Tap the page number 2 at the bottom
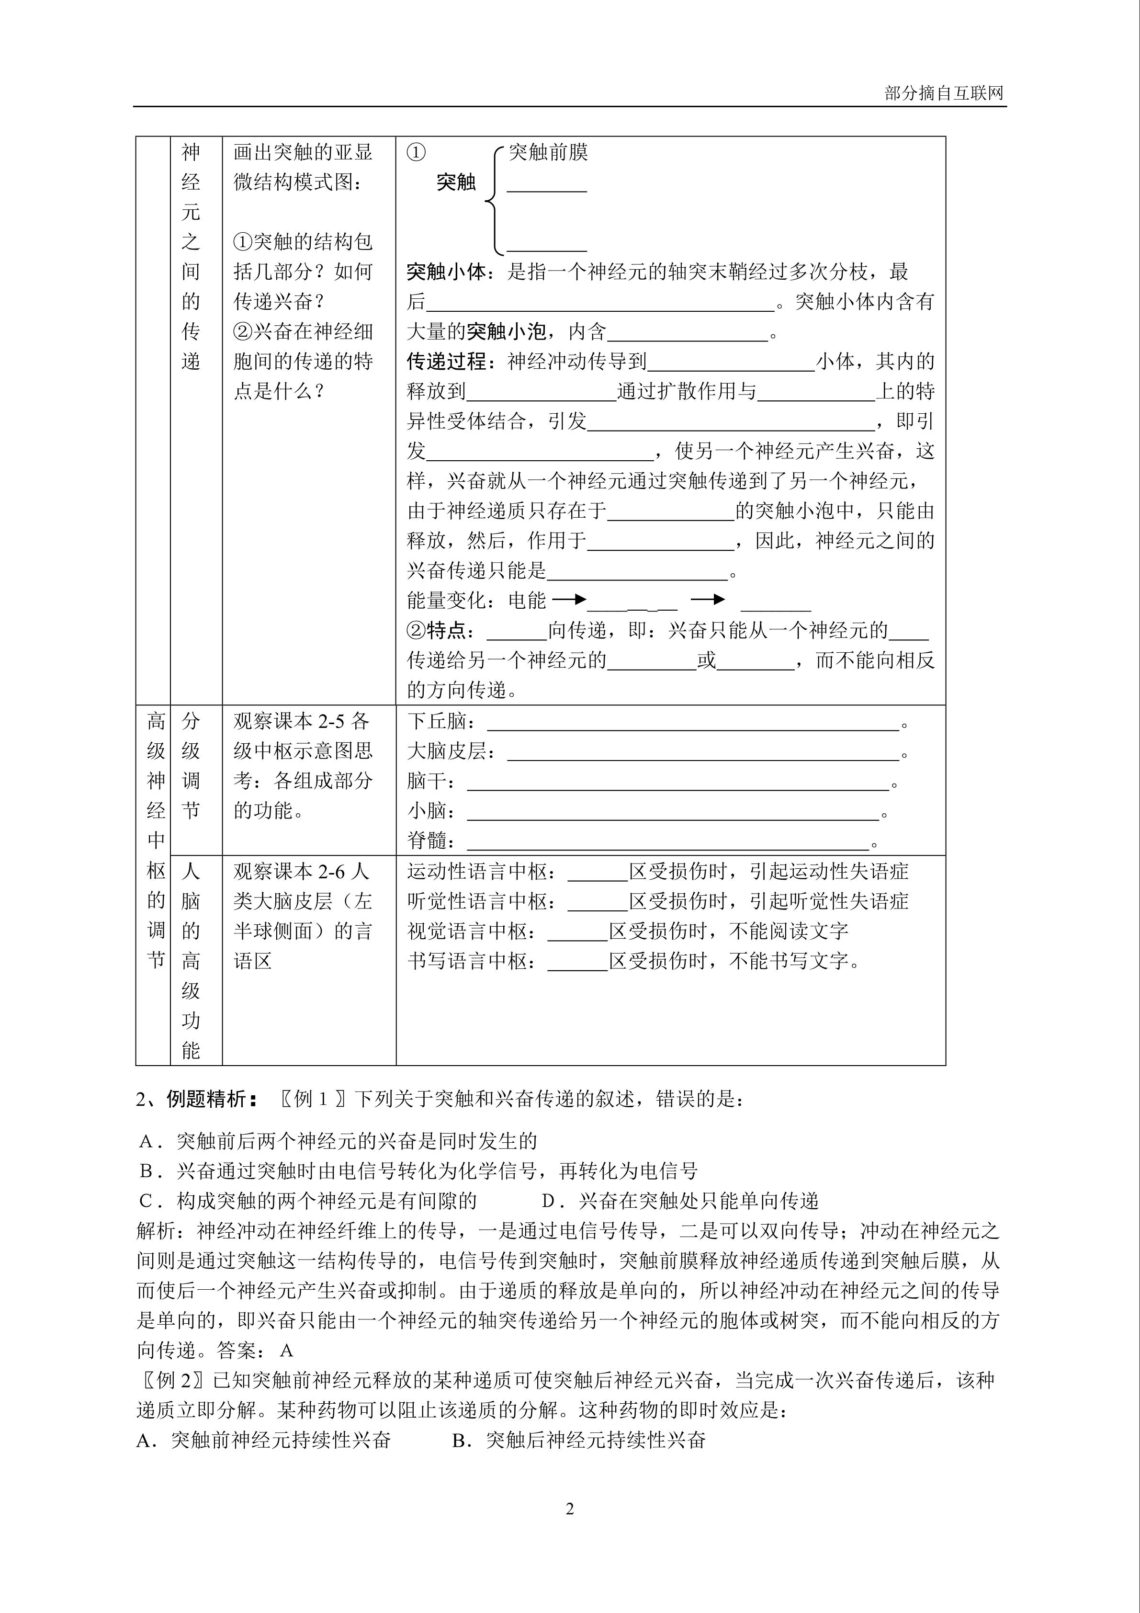[x=570, y=1508]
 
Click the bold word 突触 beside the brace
[x=456, y=182]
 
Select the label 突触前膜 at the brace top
[x=548, y=152]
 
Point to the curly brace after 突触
[x=492, y=200]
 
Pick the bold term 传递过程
[x=446, y=362]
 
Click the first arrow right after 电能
[x=568, y=599]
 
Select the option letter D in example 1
[x=549, y=1201]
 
